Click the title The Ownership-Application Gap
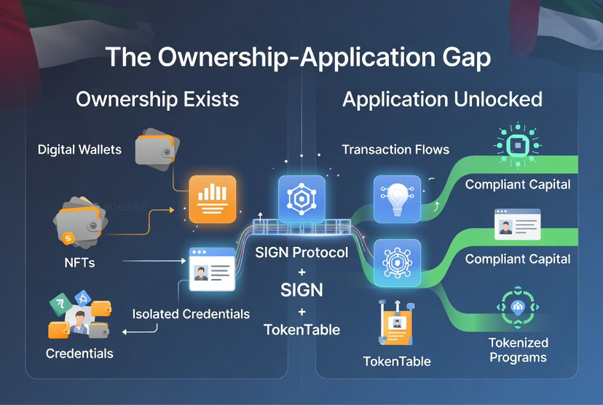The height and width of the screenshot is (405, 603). [297, 58]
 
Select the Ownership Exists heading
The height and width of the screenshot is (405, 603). [157, 99]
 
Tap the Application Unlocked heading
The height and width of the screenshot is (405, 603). [442, 99]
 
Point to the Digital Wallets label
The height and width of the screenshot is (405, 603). [79, 150]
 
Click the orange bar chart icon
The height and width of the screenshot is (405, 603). [212, 199]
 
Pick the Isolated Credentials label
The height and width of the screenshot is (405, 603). [191, 314]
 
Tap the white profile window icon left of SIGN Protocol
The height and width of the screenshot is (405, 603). [212, 269]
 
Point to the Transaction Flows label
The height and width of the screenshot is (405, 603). [395, 149]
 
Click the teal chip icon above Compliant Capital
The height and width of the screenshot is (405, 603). [518, 146]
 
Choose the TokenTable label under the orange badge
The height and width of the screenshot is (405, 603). [397, 361]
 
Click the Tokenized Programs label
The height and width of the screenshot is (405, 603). [519, 350]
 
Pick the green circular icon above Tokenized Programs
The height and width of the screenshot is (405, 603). [519, 307]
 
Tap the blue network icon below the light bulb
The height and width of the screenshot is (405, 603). [397, 262]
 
